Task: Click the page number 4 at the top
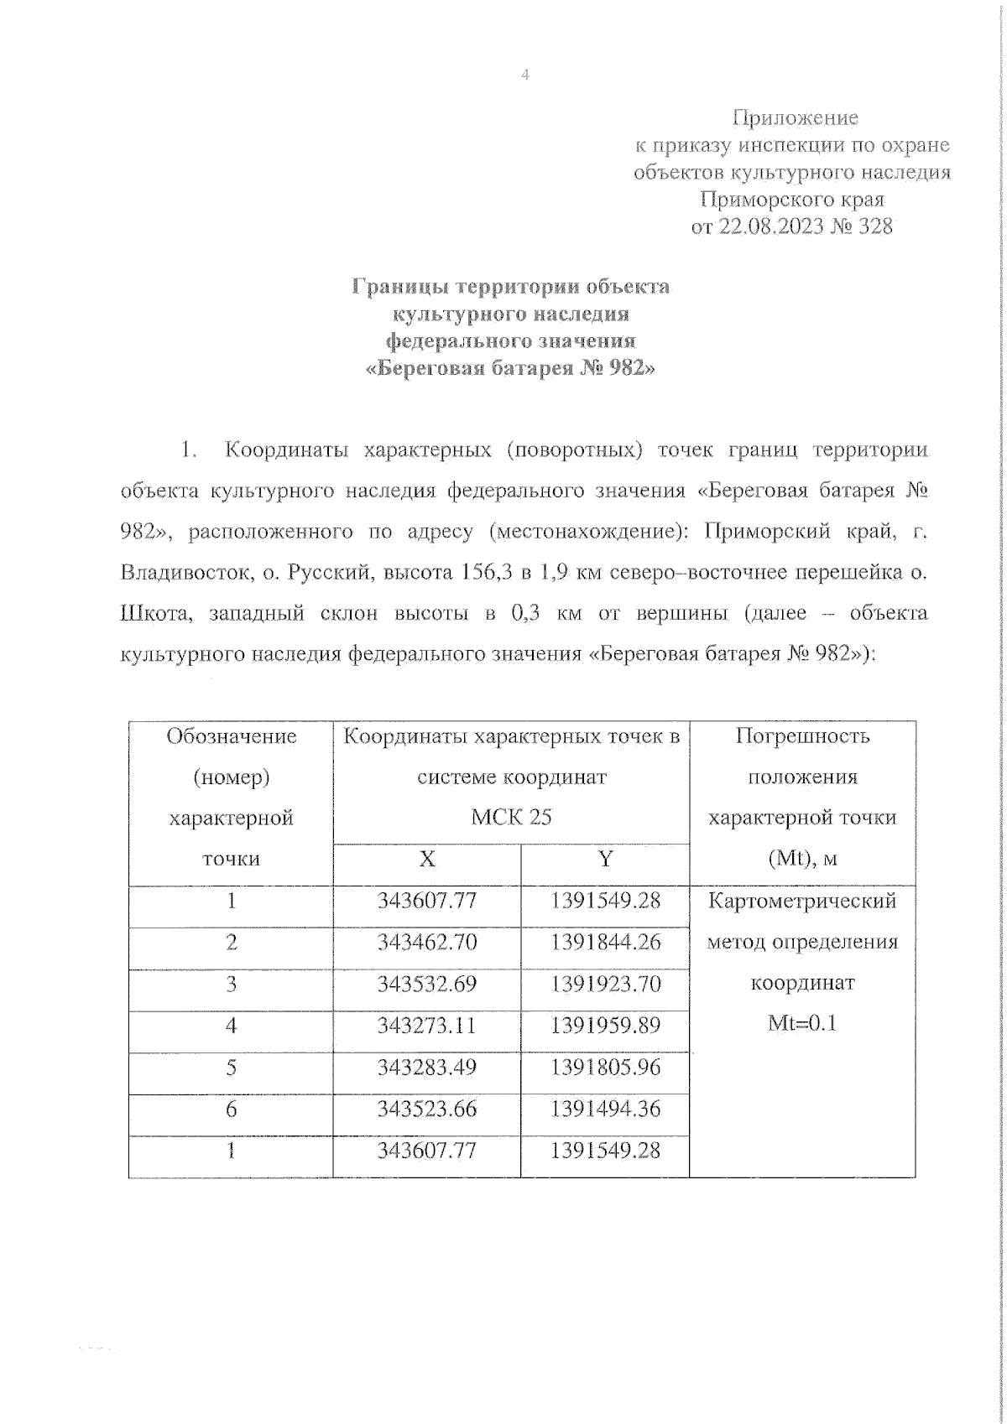coord(525,75)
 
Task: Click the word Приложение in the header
coord(795,117)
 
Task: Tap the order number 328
coord(875,226)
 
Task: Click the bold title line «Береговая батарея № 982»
coord(510,368)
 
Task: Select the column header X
coord(426,859)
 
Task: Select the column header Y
coord(605,859)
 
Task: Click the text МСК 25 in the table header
coord(511,817)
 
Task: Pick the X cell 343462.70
coord(426,942)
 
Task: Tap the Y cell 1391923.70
coord(605,984)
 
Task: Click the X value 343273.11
coord(426,1025)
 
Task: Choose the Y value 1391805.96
coord(605,1067)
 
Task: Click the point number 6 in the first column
coord(231,1109)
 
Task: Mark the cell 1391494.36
coord(605,1109)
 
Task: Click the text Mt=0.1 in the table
coord(801,1024)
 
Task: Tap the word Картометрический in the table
coord(801,902)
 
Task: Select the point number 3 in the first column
coord(231,984)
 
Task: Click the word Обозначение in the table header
coord(231,736)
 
